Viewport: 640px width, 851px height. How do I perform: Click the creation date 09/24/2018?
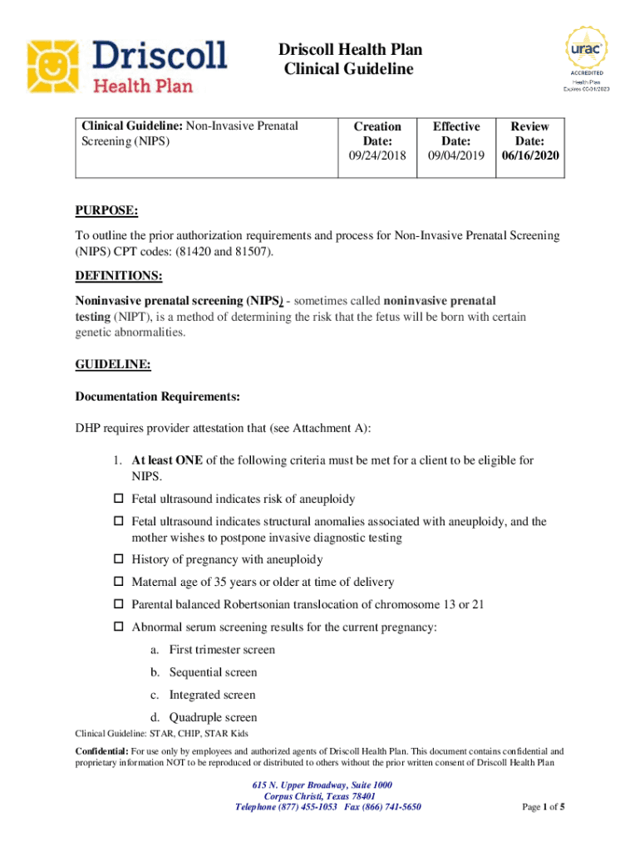377,156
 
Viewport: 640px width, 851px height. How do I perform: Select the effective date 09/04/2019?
455,156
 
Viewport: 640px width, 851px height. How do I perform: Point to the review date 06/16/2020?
529,156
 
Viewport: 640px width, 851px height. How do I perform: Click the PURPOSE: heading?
106,211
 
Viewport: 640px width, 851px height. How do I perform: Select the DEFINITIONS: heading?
119,275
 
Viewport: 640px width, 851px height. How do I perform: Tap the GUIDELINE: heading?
113,364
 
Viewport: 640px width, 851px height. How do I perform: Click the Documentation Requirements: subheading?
158,397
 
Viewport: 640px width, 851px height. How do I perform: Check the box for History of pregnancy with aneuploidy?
118,560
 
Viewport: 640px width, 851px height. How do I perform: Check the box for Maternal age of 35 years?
118,583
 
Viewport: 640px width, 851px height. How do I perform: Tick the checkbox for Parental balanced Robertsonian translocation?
118,605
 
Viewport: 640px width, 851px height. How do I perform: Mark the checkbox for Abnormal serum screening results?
118,627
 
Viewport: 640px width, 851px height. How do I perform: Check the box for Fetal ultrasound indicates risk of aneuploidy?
118,499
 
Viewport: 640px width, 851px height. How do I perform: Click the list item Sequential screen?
213,672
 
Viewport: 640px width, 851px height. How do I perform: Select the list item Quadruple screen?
213,717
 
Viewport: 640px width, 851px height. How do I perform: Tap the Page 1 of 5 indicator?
544,807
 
